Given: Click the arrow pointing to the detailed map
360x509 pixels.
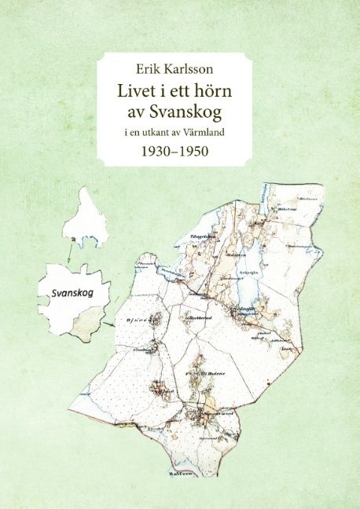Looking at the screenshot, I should (x=109, y=322).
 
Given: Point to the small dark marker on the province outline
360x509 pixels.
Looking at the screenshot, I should (x=72, y=238).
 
